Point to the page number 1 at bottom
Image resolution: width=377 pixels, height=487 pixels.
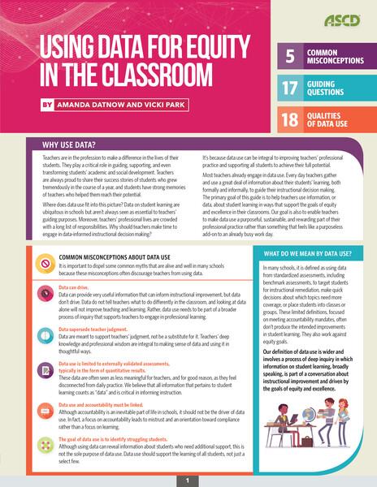click(188, 480)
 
